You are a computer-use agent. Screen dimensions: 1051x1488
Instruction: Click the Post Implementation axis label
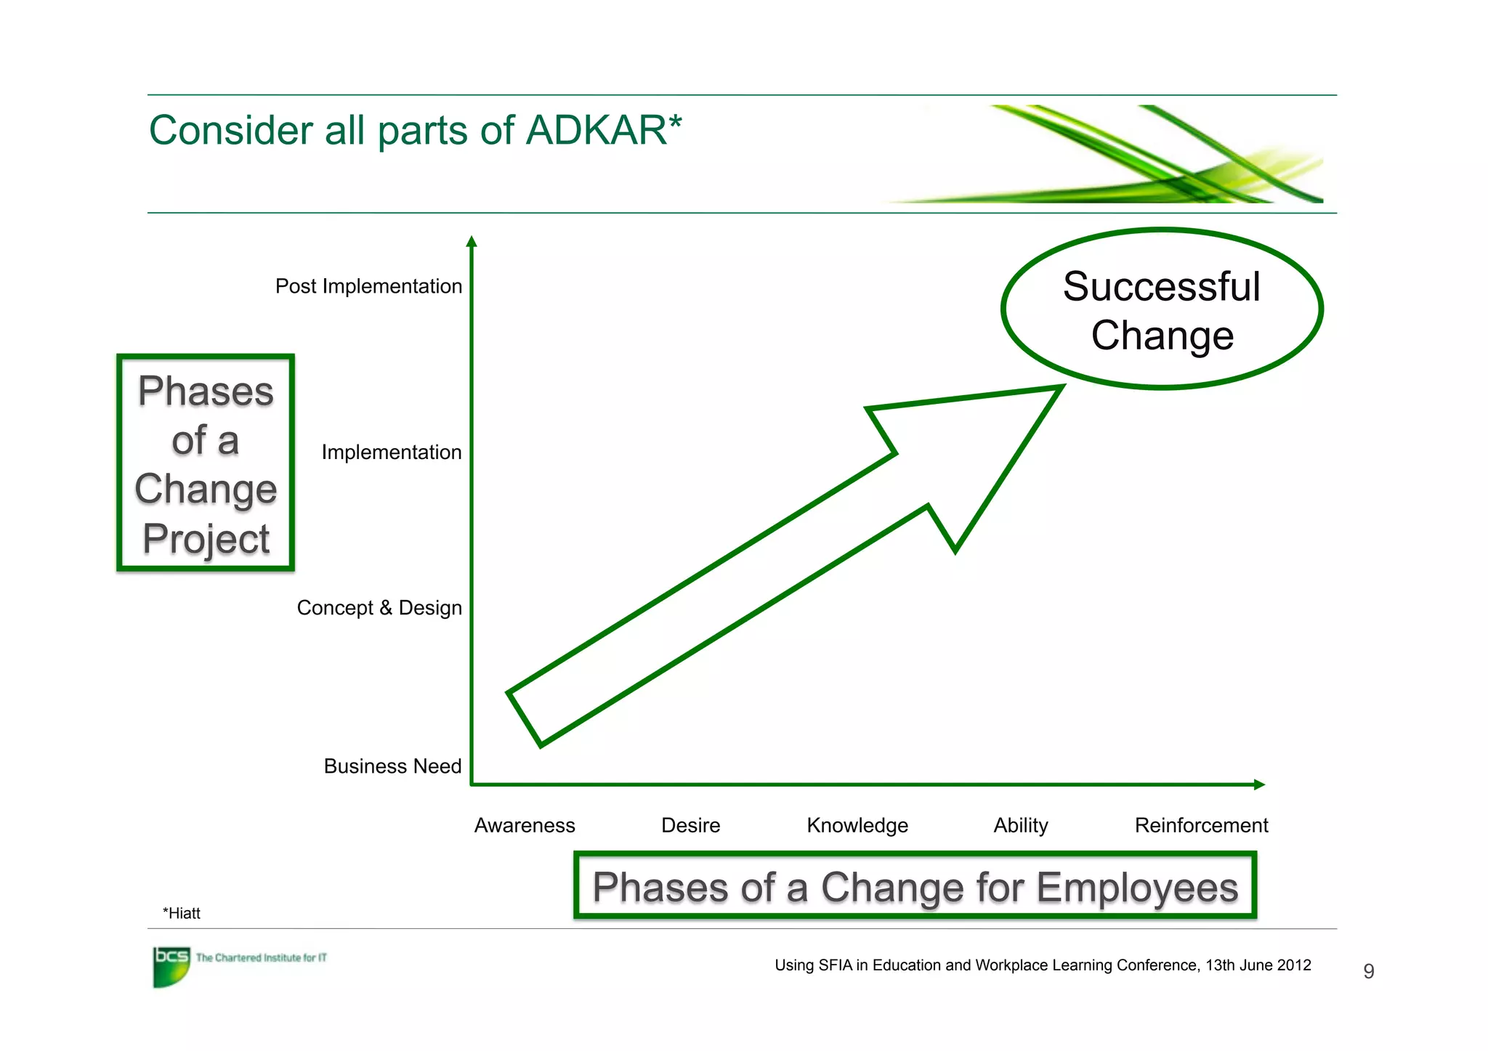pos(368,286)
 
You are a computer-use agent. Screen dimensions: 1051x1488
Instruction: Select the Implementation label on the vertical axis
pos(391,453)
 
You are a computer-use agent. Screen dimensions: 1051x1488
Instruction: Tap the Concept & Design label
pos(379,608)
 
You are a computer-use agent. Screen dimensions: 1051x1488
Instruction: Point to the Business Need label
pos(392,766)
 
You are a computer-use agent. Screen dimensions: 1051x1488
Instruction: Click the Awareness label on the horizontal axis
pos(525,826)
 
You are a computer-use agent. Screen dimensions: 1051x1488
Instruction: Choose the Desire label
pos(690,826)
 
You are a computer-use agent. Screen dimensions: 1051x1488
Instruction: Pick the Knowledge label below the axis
pos(857,826)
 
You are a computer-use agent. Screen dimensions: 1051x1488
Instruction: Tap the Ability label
pos(1021,826)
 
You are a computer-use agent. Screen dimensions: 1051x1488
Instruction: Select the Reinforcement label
pos(1201,826)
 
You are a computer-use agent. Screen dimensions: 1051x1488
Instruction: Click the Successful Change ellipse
pos(1161,309)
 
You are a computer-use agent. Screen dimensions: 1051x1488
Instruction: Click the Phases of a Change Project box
pos(206,463)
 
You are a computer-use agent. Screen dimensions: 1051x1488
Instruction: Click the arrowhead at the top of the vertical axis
pos(472,242)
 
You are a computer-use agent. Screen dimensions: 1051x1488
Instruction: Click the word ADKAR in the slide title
pos(596,131)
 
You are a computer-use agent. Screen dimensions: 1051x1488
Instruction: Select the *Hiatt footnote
pos(182,914)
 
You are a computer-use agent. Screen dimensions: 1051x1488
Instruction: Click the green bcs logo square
pos(171,966)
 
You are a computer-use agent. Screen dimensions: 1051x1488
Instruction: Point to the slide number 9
pos(1369,971)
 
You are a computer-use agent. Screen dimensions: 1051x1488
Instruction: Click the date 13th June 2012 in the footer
pos(1258,965)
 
